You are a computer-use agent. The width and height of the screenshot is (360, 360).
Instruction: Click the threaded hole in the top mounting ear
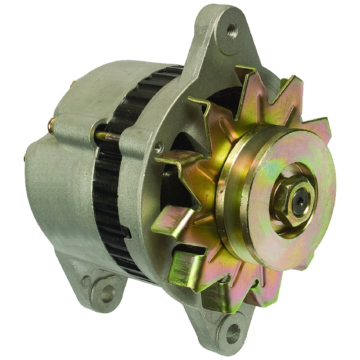232,28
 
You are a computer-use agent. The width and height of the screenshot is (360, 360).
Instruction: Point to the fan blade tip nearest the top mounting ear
248,72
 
